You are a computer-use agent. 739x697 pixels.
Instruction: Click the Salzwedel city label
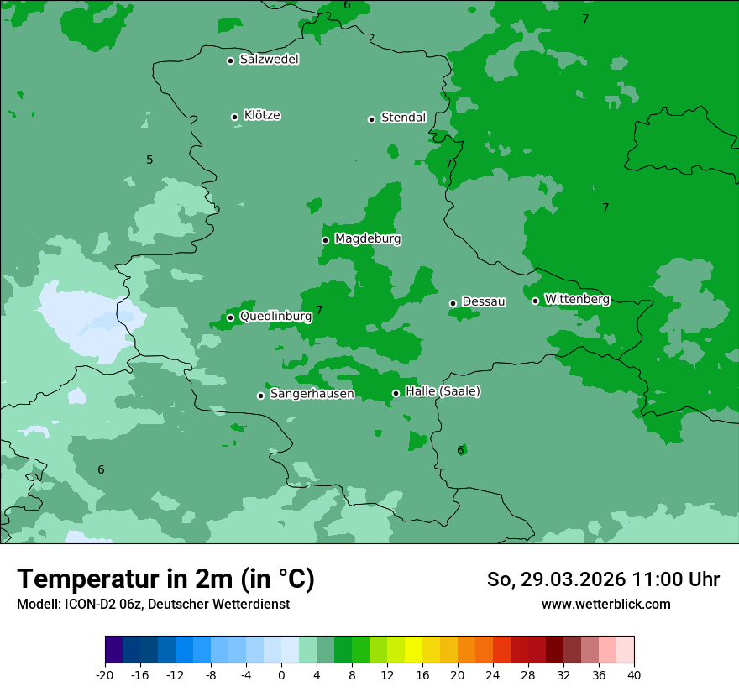[x=269, y=60]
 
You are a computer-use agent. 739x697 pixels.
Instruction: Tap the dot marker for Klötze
[x=235, y=117]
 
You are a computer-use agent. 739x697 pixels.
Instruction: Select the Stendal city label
[x=403, y=118]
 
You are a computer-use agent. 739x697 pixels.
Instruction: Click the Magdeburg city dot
[x=325, y=240]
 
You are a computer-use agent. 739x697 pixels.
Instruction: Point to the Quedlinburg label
[x=275, y=317]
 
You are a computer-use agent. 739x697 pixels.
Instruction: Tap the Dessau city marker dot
[x=453, y=303]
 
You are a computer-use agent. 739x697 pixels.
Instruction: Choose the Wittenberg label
[x=577, y=299]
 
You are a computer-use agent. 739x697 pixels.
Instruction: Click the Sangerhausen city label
[x=312, y=394]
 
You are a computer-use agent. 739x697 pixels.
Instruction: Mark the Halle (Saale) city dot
[x=396, y=393]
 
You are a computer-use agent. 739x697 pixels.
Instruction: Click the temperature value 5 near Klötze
[x=149, y=160]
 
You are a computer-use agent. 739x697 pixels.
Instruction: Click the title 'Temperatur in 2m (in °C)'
[x=166, y=579]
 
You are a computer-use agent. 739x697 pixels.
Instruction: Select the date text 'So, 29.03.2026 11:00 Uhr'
[x=603, y=579]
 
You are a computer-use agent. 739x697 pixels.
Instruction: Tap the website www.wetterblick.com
[x=605, y=604]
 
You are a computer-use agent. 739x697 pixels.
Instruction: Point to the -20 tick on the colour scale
[x=105, y=674]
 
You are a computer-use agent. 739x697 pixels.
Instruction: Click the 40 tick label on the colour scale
[x=633, y=674]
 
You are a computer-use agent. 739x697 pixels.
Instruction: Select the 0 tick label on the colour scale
[x=281, y=674]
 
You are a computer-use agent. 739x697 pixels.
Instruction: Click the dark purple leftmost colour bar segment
[x=113, y=650]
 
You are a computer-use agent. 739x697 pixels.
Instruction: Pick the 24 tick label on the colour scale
[x=493, y=674]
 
